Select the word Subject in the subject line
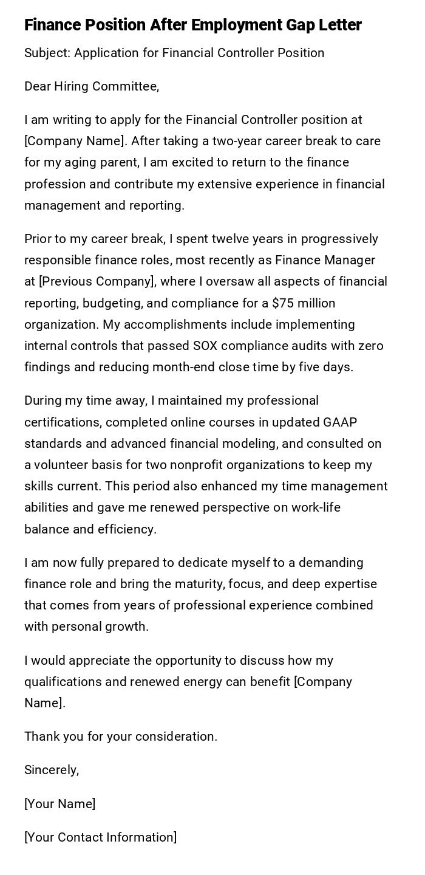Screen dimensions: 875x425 coord(47,53)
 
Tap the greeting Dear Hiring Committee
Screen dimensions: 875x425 coord(92,86)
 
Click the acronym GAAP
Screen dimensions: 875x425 coord(340,422)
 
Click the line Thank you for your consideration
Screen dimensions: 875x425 coord(121,736)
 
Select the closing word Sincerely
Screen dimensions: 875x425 coord(51,770)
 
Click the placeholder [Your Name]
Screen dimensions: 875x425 coord(60,804)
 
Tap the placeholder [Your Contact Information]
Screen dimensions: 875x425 coord(101,837)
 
